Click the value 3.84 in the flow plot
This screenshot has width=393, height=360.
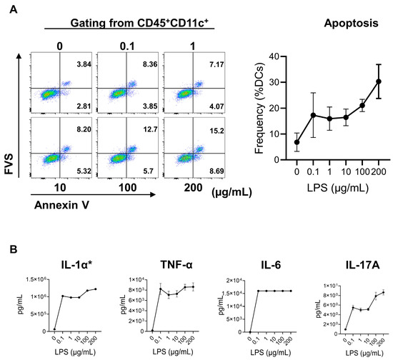pos(74,64)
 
